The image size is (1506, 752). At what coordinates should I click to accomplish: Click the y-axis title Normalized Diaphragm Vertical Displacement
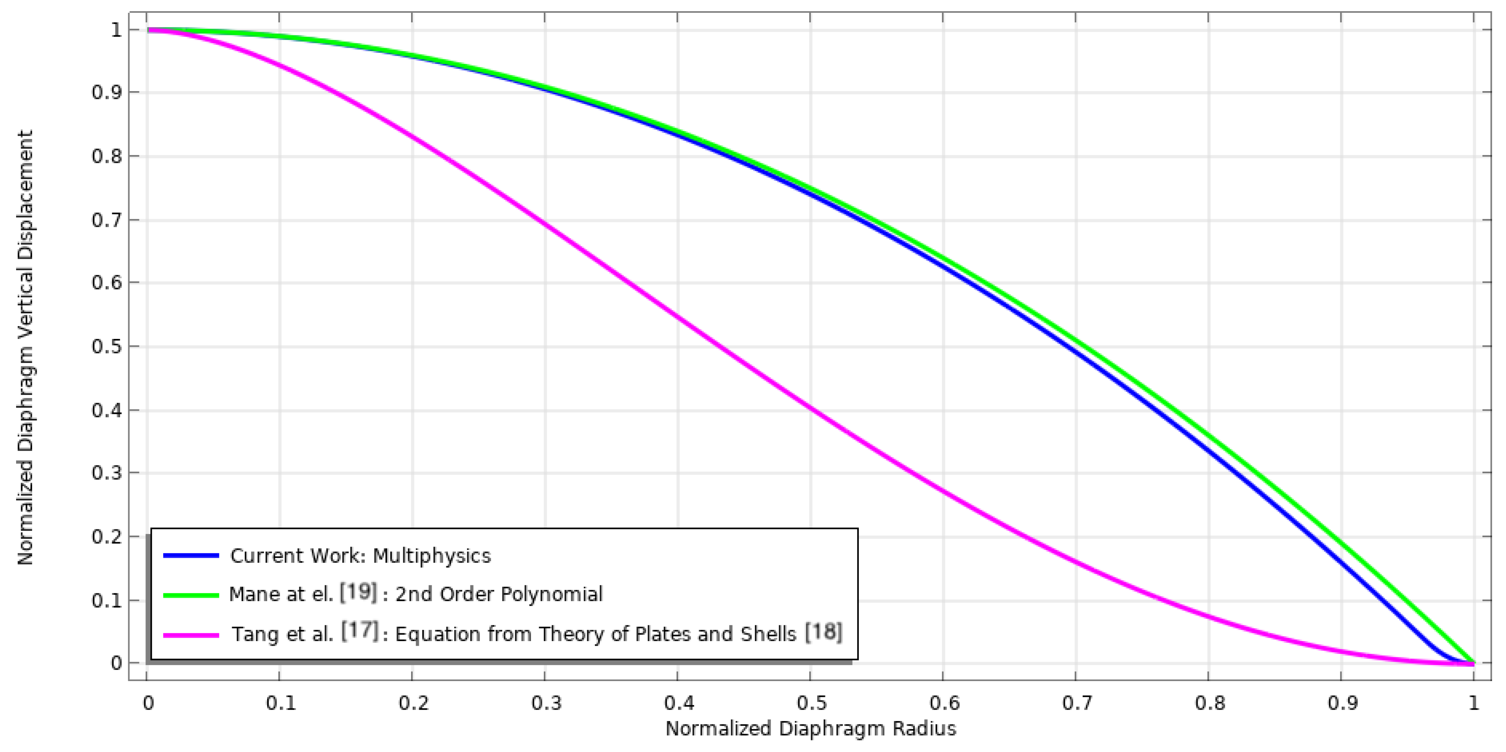point(25,348)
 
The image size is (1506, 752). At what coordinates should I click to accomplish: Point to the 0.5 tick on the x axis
point(810,702)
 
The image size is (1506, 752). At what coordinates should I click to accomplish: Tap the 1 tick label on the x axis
point(1474,702)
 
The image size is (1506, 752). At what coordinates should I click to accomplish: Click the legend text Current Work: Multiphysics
point(360,555)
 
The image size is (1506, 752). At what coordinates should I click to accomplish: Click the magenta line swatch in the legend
point(191,635)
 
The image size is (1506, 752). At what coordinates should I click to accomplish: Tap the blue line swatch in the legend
point(191,555)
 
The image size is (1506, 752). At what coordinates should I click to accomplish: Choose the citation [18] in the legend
point(823,632)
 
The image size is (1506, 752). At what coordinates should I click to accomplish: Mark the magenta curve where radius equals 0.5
point(810,408)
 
